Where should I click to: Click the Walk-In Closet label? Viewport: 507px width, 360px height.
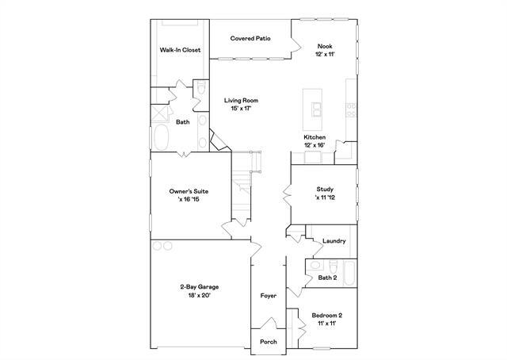pyautogui.click(x=180, y=50)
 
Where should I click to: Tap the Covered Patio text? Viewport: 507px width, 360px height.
pyautogui.click(x=252, y=38)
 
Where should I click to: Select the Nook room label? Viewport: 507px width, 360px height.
pyautogui.click(x=325, y=46)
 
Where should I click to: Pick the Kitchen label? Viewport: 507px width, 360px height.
pyautogui.click(x=314, y=137)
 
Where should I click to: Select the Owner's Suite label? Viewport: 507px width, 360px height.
pyautogui.click(x=188, y=191)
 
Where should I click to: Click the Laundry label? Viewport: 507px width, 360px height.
pyautogui.click(x=334, y=240)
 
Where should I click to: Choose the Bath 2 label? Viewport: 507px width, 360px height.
pyautogui.click(x=328, y=278)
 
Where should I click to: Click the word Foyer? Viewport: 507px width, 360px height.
pyautogui.click(x=269, y=296)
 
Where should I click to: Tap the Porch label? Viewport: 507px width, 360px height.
pyautogui.click(x=268, y=343)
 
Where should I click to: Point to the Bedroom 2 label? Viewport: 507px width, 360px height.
pyautogui.click(x=326, y=315)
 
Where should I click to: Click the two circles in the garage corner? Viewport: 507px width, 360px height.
pyautogui.click(x=162, y=246)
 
